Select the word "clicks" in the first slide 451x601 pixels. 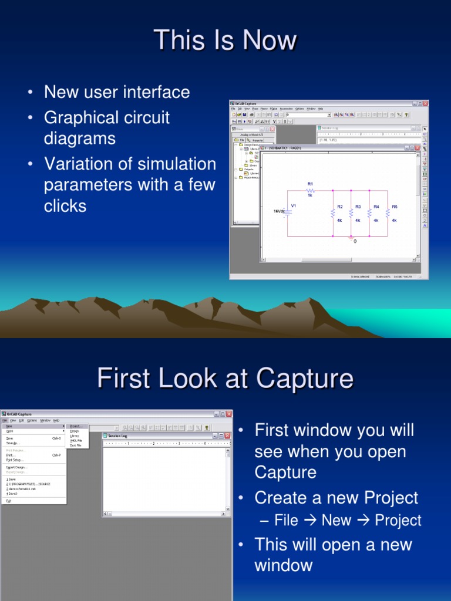click(65, 206)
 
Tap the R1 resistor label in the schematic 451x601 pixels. click(311, 184)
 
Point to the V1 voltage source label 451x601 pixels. click(294, 206)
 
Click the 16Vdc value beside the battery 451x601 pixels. click(280, 211)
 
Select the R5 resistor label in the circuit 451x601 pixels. click(395, 207)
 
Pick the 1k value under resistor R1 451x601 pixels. click(311, 195)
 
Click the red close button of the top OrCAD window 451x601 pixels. click(425, 104)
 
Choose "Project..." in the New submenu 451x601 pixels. click(76, 426)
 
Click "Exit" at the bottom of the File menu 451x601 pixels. click(9, 501)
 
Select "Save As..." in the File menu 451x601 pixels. click(12, 443)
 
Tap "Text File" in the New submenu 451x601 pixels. click(76, 445)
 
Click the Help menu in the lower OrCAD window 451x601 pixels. click(56, 420)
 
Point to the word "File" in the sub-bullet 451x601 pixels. click(287, 521)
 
